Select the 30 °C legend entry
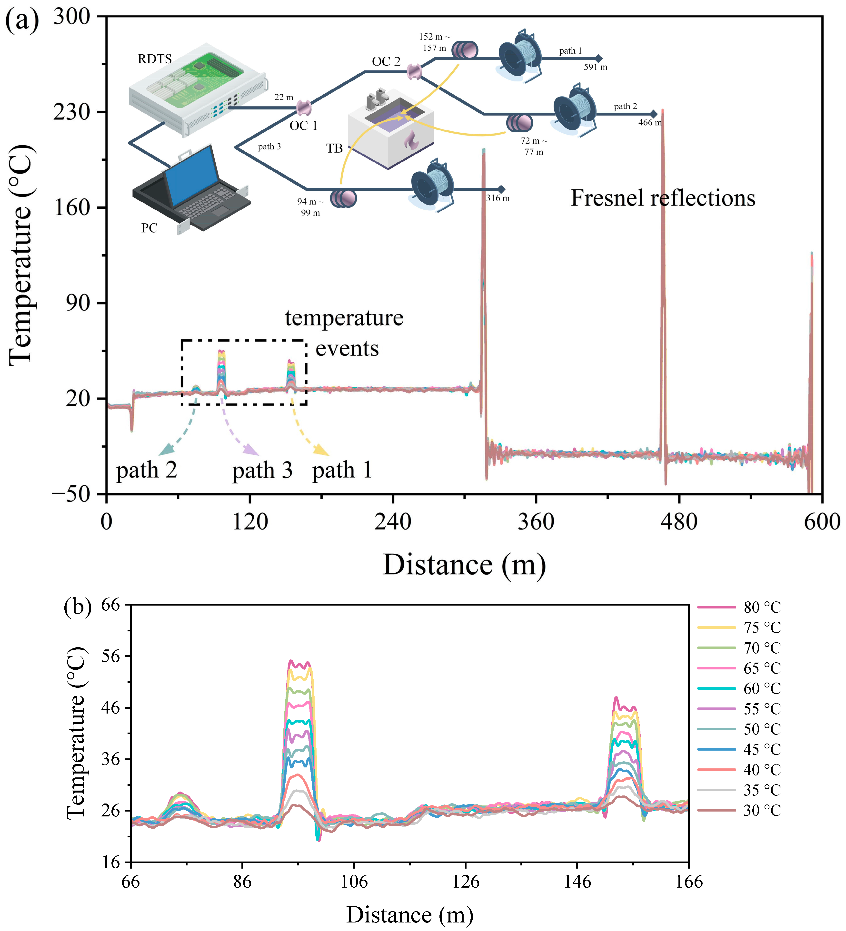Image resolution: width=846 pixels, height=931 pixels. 761,810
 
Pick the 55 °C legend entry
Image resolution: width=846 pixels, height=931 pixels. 761,709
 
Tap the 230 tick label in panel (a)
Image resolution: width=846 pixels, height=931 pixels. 72,112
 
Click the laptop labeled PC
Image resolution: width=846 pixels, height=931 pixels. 192,189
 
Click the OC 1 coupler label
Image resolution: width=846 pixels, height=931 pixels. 303,126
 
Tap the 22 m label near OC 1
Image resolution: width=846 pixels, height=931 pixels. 284,98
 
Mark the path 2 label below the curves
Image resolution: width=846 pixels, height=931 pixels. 147,470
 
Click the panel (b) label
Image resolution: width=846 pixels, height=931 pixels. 78,606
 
